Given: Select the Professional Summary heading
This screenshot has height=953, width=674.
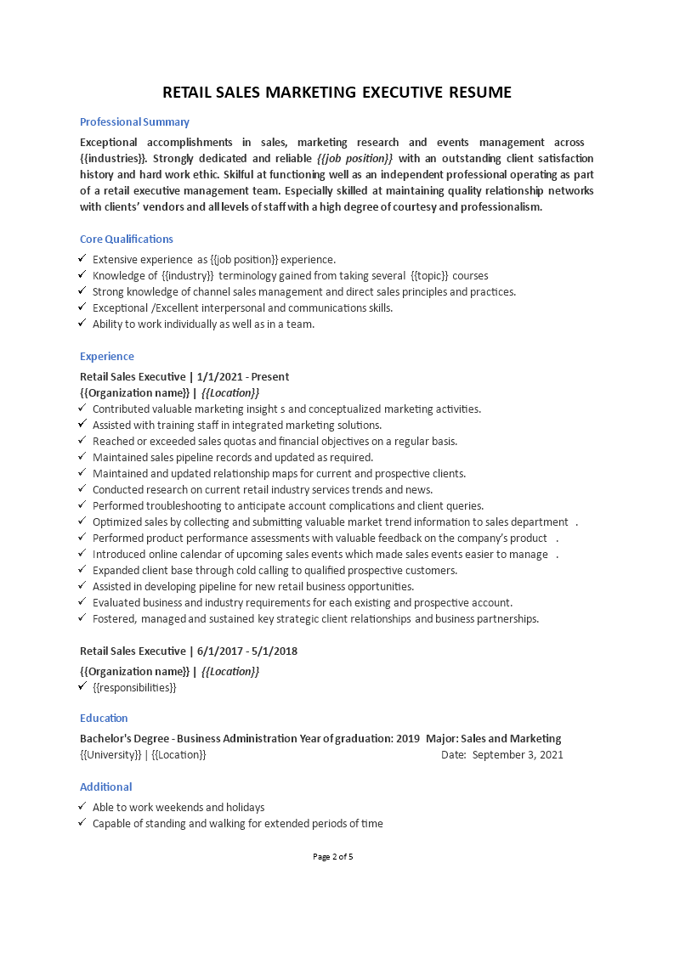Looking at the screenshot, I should (134, 121).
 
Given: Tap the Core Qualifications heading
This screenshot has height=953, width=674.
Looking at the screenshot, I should (127, 239).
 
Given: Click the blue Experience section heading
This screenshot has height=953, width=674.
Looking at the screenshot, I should (107, 356).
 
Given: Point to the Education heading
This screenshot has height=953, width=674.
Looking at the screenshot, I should (104, 718).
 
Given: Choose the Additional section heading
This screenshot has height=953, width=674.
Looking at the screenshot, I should (105, 787).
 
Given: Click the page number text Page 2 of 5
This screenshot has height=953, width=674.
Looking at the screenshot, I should (332, 856).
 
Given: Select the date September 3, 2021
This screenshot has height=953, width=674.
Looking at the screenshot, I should (518, 754).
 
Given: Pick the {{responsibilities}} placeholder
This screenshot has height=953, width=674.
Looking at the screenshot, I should (134, 687).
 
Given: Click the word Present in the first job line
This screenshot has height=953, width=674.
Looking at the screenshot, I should (268, 376).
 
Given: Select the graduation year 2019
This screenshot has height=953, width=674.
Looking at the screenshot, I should (409, 738).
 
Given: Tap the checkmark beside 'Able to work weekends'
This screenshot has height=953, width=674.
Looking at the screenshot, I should (82, 807).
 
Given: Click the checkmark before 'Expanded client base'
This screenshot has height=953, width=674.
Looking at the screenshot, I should (82, 570).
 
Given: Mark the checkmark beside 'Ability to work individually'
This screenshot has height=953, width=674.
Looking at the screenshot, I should (82, 324).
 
